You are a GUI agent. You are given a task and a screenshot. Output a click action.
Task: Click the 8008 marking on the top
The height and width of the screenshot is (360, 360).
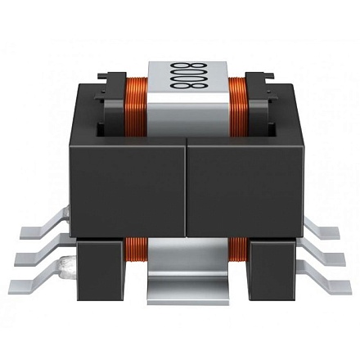(188, 75)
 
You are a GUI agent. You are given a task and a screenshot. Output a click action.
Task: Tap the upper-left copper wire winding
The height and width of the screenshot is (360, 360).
(136, 106)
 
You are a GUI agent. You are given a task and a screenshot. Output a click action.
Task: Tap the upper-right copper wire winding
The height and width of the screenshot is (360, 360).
(239, 106)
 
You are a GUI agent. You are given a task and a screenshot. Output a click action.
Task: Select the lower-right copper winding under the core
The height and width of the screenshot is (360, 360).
(238, 249)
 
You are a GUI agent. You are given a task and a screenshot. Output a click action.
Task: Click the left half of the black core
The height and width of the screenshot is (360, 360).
(128, 188)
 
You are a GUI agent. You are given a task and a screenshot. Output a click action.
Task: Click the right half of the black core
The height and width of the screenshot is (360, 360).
(245, 188)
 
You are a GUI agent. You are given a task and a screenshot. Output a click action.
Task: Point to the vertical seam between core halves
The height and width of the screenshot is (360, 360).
(187, 187)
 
